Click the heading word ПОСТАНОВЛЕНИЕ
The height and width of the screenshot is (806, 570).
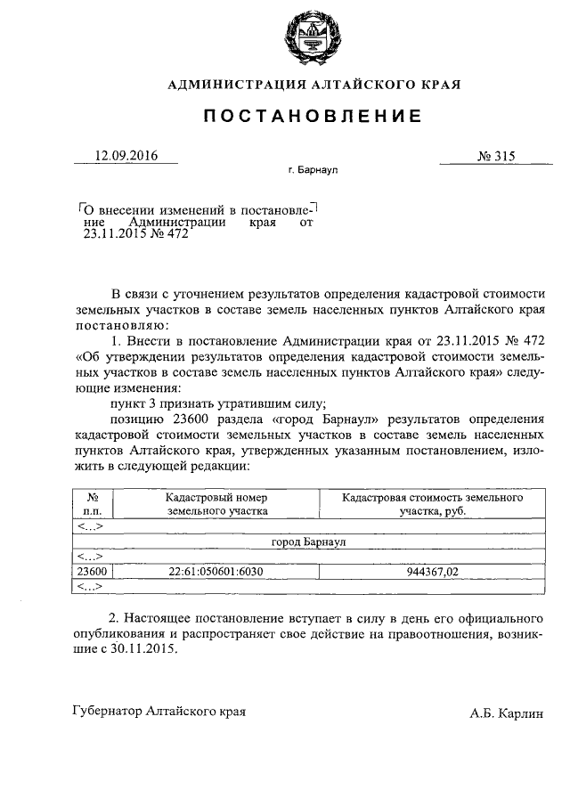pyautogui.click(x=314, y=117)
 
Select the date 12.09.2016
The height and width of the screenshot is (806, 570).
pyautogui.click(x=126, y=156)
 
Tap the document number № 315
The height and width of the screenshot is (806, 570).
pyautogui.click(x=496, y=156)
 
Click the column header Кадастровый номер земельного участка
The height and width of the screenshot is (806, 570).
pyautogui.click(x=216, y=505)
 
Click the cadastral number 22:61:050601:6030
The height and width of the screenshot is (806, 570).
pyautogui.click(x=216, y=572)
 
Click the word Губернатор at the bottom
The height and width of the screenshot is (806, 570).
pyautogui.click(x=109, y=712)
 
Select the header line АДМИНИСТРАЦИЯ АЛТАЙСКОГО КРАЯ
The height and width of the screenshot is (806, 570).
pyautogui.click(x=314, y=85)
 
